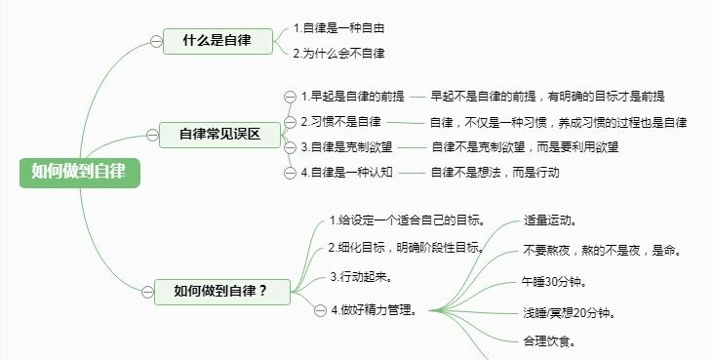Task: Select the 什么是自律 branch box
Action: [218, 41]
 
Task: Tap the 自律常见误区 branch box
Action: [219, 135]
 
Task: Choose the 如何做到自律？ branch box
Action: [219, 291]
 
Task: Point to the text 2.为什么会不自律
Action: [338, 53]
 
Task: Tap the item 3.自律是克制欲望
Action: [345, 147]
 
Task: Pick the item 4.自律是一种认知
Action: [345, 173]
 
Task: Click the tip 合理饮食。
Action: [549, 341]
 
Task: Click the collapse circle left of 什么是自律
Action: [156, 41]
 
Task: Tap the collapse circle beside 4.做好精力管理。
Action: [320, 311]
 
